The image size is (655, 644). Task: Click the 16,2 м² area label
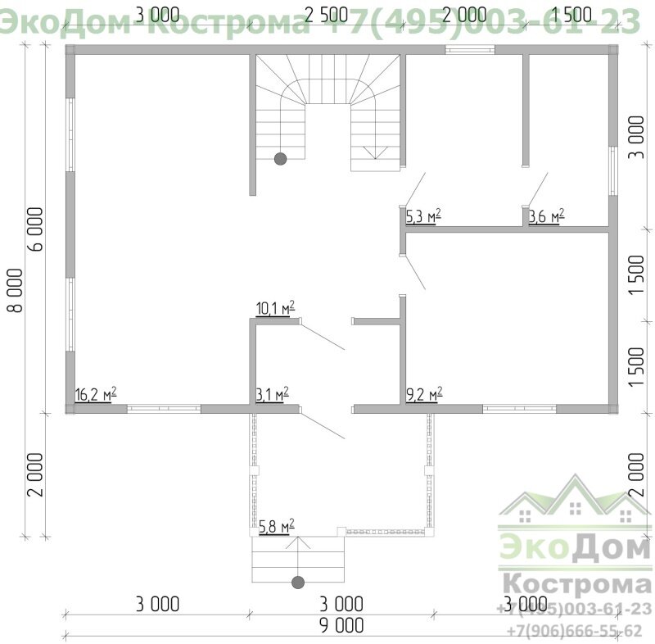[95, 393]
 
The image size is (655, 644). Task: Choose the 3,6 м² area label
[546, 216]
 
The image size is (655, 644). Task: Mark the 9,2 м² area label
[424, 393]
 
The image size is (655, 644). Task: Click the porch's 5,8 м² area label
[276, 526]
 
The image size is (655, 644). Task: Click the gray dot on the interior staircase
[280, 158]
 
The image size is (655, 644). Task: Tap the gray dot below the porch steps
[297, 582]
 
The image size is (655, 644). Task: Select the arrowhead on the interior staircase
[377, 152]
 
